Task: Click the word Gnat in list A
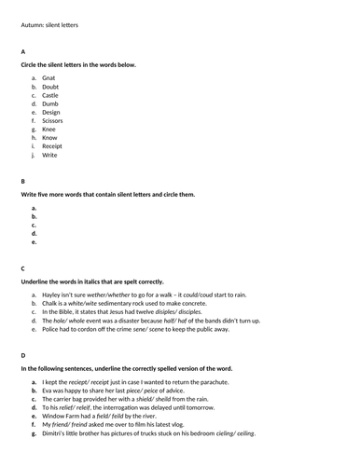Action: point(50,77)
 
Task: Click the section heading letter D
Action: point(23,355)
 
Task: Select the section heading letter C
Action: point(23,267)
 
